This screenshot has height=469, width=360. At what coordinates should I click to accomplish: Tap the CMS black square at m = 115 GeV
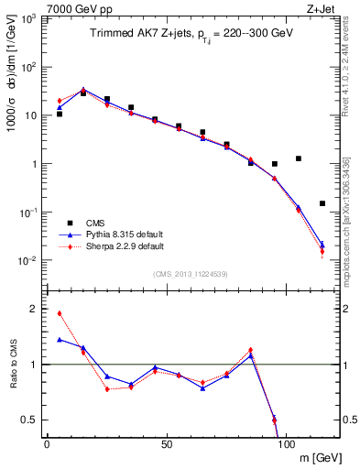(x=322, y=203)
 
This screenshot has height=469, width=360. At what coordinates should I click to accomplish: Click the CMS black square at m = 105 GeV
(x=299, y=158)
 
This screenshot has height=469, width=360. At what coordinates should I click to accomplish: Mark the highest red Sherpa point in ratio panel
(x=60, y=313)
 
